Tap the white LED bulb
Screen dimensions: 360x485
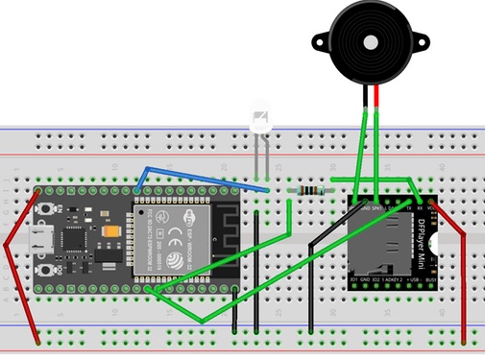point(260,120)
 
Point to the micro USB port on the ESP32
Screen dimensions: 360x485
point(43,238)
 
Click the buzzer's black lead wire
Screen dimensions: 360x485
point(365,96)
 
